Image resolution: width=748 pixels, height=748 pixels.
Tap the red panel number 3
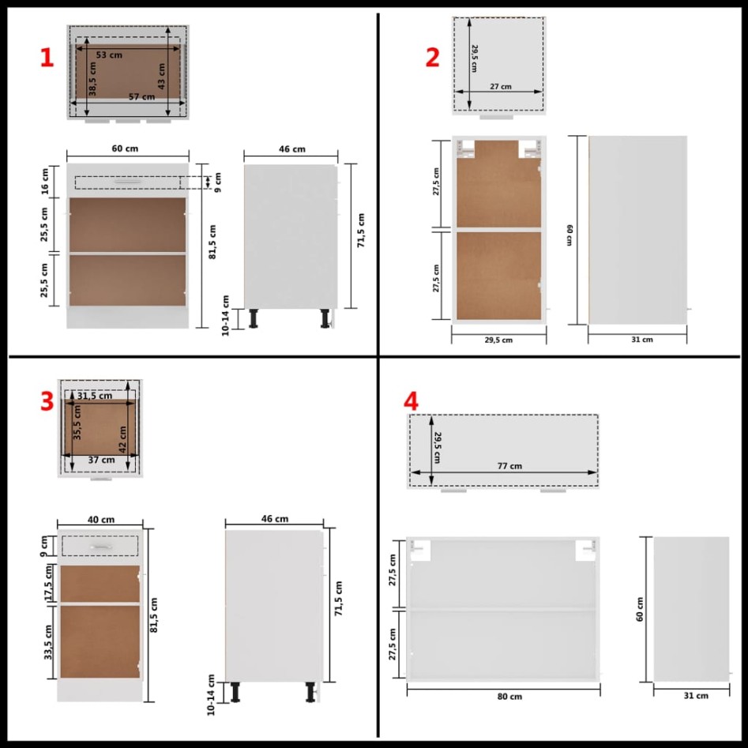click(x=47, y=401)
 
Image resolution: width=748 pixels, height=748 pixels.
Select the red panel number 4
click(x=410, y=401)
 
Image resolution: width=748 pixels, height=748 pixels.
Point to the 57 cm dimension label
click(x=141, y=97)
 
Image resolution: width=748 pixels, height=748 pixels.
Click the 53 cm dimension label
click(x=109, y=55)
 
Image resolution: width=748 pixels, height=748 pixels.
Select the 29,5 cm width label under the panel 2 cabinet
click(x=498, y=340)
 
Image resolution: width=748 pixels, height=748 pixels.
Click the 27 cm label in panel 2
click(x=500, y=87)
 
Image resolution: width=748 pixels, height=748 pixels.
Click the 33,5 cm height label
click(x=48, y=641)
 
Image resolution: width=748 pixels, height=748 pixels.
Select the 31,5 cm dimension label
click(x=94, y=396)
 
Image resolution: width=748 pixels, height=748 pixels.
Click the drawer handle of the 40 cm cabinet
click(x=100, y=547)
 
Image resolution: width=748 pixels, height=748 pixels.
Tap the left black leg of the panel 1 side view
click(x=254, y=318)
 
